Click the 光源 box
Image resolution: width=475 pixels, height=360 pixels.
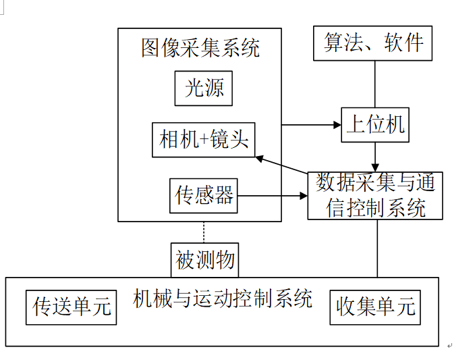point(204,88)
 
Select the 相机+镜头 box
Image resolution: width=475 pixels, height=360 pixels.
point(204,140)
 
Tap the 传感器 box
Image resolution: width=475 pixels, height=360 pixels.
point(204,196)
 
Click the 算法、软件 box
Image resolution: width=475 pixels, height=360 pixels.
point(373,44)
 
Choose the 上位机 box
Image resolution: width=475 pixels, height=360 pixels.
point(374,124)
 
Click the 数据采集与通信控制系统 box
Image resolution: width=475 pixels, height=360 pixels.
point(375,195)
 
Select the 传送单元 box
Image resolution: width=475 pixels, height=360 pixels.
point(71,307)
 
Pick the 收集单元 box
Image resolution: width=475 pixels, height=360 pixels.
point(374,307)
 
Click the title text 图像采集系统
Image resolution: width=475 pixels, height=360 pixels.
point(200,48)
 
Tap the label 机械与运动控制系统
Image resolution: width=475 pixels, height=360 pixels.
point(223,298)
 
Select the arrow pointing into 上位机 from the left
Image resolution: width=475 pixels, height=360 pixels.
point(310,125)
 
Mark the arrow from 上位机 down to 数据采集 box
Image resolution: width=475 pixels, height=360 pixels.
point(375,157)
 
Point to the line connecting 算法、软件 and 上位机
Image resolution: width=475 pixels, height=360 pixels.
point(375,84)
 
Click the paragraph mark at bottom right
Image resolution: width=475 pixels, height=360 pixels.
point(449,345)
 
